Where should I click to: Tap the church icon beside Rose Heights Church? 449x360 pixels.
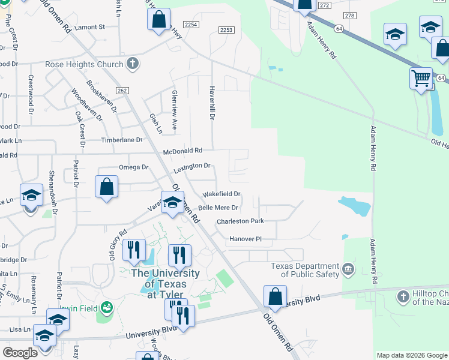[132, 64]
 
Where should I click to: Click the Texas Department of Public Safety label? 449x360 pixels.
[304, 271]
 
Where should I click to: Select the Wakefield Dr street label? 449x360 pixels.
[221, 194]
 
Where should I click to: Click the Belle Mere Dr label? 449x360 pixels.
[218, 208]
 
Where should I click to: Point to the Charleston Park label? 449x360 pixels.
[241, 221]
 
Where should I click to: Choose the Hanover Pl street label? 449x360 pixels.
[246, 239]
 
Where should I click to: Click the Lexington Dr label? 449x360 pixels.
[192, 167]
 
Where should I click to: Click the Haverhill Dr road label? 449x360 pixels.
[211, 102]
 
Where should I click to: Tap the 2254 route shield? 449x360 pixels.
[191, 25]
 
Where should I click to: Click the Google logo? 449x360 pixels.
[20, 353]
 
